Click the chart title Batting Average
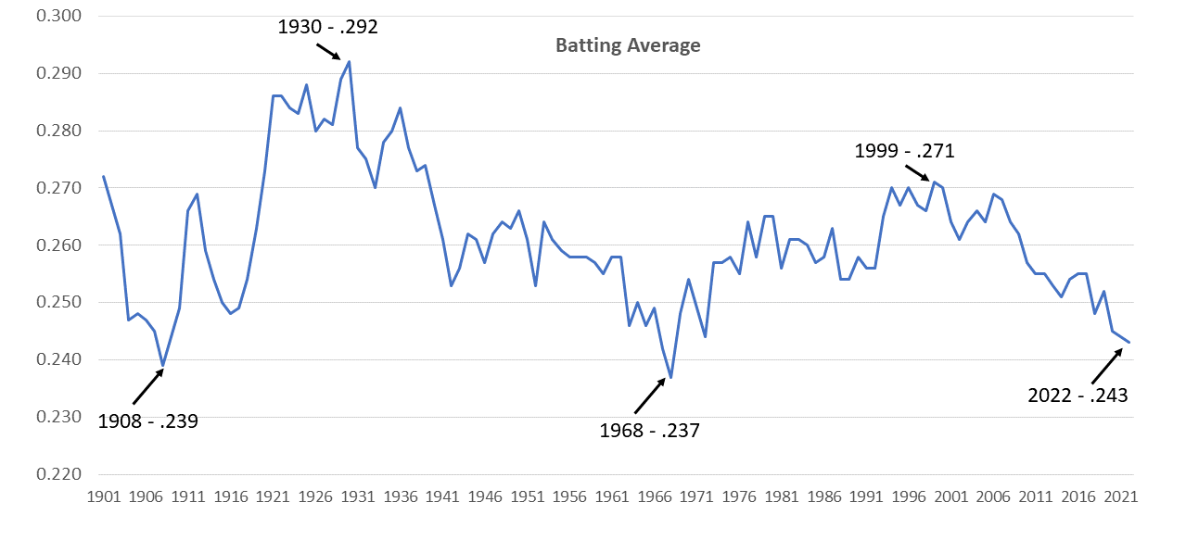[x=628, y=45]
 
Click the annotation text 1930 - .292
[x=328, y=27]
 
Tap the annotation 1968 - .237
[x=649, y=430]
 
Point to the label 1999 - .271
[x=904, y=151]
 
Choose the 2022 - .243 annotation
[x=1078, y=396]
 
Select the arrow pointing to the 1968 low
[x=650, y=396]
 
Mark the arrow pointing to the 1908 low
[x=148, y=386]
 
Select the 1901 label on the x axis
[x=103, y=497]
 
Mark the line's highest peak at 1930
[x=349, y=62]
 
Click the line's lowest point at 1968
[x=670, y=377]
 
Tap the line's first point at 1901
[x=103, y=176]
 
